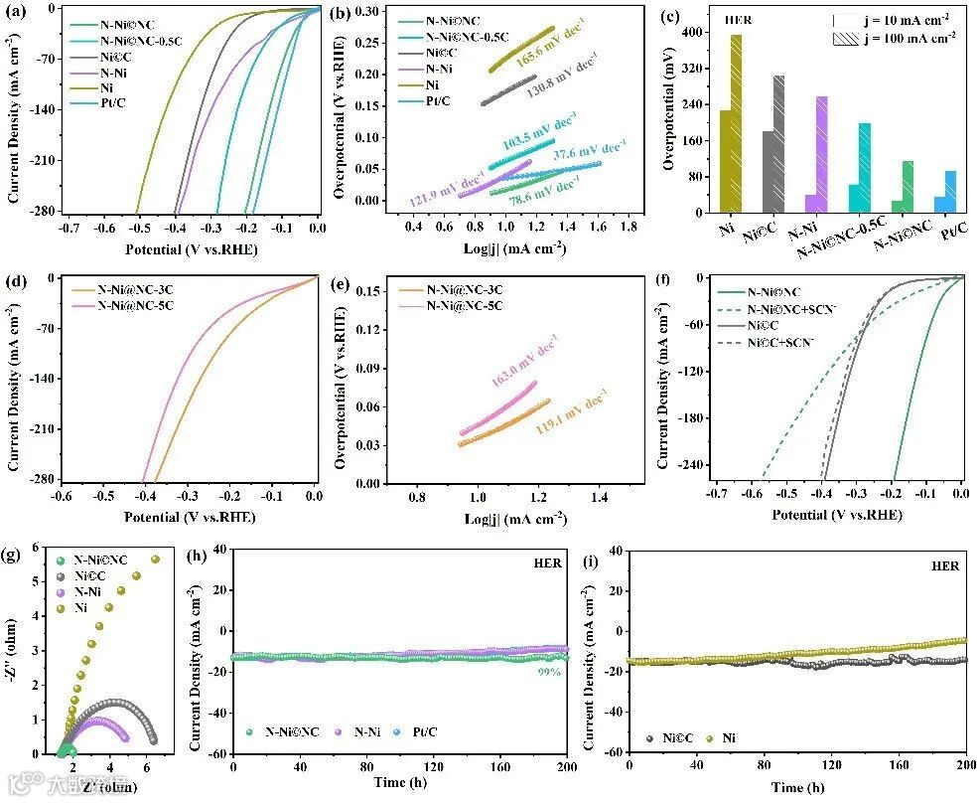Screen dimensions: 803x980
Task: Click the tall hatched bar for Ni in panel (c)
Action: point(736,123)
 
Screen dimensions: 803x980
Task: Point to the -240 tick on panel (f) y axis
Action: point(687,465)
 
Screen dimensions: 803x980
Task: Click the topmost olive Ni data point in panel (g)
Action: point(154,561)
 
